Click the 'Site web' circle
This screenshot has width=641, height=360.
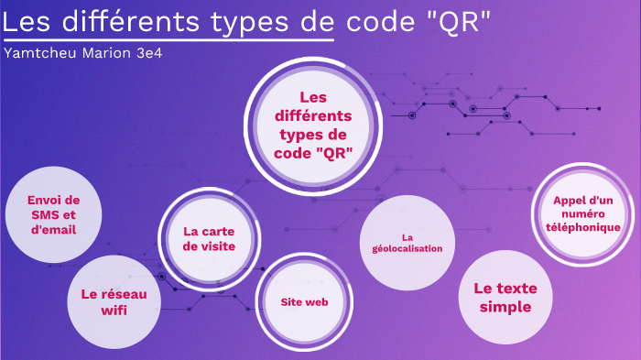click(304, 301)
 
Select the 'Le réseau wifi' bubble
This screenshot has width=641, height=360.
click(114, 302)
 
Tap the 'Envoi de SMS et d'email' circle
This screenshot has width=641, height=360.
click(53, 214)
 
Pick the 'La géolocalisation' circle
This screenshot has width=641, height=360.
click(407, 242)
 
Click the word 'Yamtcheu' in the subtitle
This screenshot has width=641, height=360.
click(38, 52)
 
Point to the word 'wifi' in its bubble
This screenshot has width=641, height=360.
click(114, 311)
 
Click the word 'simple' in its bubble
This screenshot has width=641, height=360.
click(505, 308)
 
